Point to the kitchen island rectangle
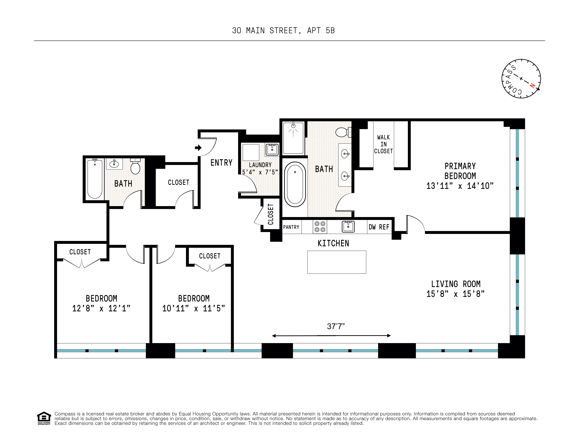tap(337, 262)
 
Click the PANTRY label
tap(291, 227)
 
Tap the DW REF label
tap(379, 227)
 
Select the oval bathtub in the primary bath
tap(295, 184)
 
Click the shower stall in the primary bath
tap(293, 138)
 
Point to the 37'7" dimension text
tap(336, 326)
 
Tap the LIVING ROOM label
tap(455, 284)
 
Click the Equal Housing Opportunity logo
tap(44, 418)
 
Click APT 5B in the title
tap(321, 31)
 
